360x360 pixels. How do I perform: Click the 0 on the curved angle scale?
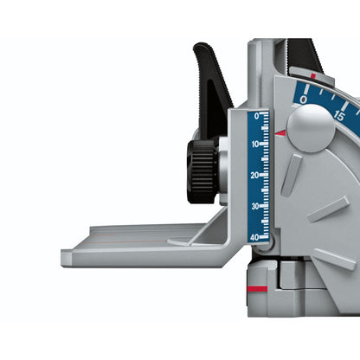tap(304, 100)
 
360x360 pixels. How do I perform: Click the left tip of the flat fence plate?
tap(66, 256)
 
